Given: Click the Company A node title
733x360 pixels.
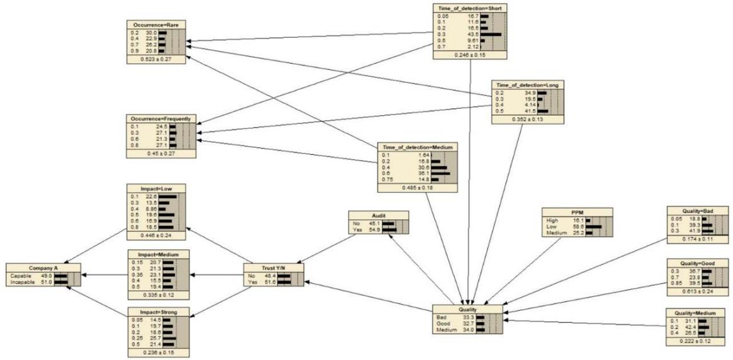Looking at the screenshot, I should (x=43, y=267).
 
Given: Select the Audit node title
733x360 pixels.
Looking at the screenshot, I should (x=378, y=214).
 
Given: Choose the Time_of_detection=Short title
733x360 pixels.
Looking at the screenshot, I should (x=470, y=8).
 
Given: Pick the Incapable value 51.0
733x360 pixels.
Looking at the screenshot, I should (x=45, y=282).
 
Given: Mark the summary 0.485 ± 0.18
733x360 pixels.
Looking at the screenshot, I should (x=417, y=188).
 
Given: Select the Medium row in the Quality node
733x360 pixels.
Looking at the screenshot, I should (x=445, y=330).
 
